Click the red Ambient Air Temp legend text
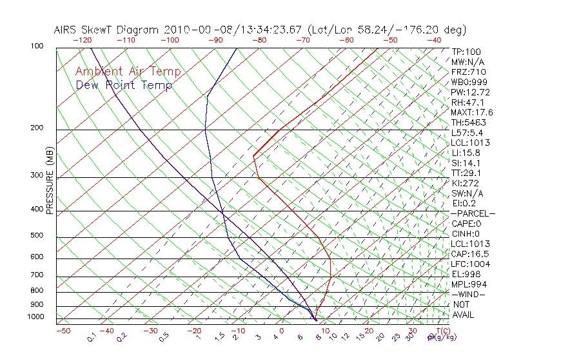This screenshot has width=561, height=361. pos(128,72)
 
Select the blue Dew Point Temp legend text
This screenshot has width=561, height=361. pos(124,85)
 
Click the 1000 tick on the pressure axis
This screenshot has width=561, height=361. pos(36,317)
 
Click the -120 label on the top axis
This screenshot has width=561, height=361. pos(82,40)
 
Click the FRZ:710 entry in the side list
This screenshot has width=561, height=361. pos(468,72)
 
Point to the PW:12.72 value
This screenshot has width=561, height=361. pos(470,92)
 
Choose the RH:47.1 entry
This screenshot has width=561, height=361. pos(467,102)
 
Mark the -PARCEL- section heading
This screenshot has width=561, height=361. pos(473,213)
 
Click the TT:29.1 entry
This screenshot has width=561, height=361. pos(467,173)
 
